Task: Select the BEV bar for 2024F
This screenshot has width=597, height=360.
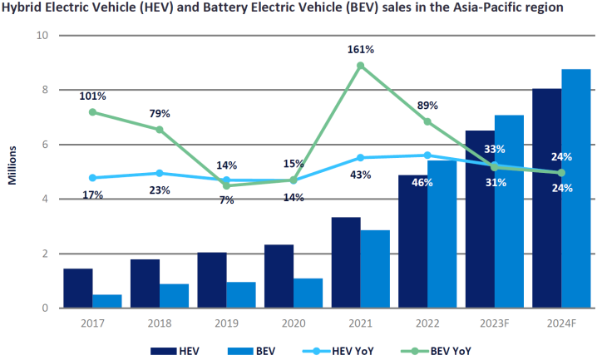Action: coord(575,189)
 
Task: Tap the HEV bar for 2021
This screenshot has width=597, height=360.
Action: coord(346,263)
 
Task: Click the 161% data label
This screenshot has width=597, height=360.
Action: coord(360,50)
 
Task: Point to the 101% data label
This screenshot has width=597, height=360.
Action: coord(92,96)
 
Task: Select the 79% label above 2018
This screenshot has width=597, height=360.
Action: coord(160,114)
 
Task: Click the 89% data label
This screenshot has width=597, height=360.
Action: coord(427,106)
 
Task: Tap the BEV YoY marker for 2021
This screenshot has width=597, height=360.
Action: coord(360,66)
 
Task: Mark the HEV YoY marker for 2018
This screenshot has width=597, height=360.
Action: coord(160,173)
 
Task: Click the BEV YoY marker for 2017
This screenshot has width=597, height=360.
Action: coord(92,111)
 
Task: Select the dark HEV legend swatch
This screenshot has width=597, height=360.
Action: coord(165,349)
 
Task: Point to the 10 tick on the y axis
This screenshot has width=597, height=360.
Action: coord(43,36)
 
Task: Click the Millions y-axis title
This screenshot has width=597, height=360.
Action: coord(14,173)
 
